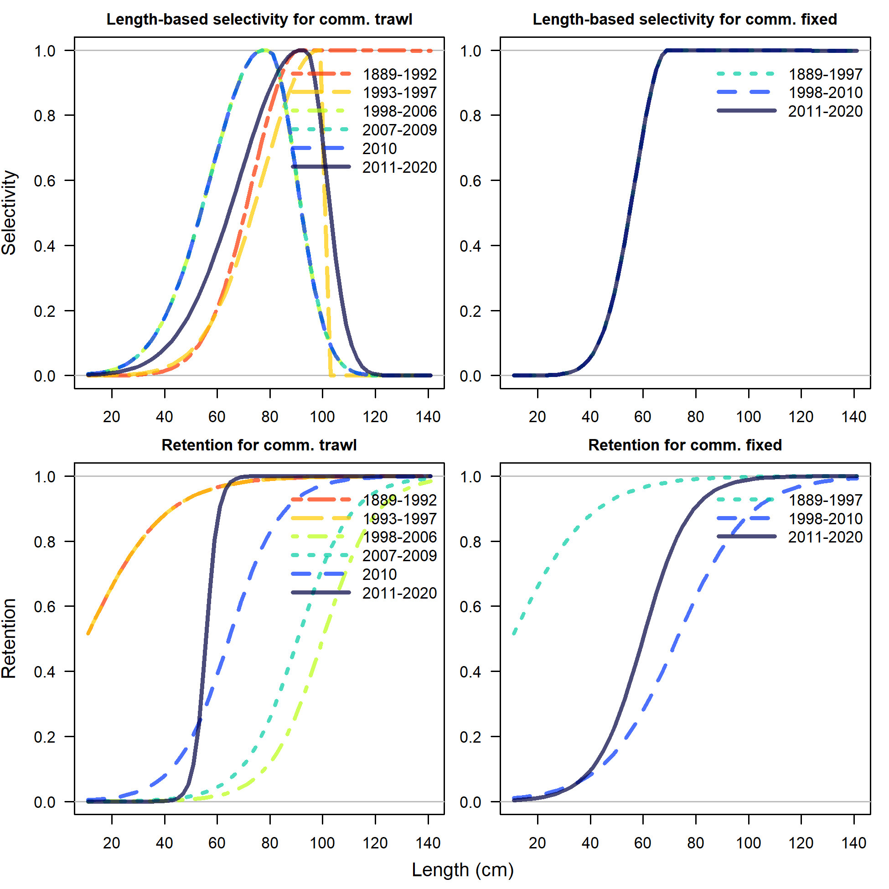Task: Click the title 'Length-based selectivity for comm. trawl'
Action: pyautogui.click(x=259, y=19)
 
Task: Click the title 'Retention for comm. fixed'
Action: pyautogui.click(x=685, y=445)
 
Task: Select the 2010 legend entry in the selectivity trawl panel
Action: pyautogui.click(x=379, y=149)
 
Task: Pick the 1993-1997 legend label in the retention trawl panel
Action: pyautogui.click(x=399, y=519)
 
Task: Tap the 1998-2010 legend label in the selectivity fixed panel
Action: pyautogui.click(x=825, y=93)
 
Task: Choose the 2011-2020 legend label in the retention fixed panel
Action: pyautogui.click(x=825, y=537)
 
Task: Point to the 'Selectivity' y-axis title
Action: pyautogui.click(x=9, y=212)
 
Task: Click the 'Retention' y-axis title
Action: pyautogui.click(x=9, y=638)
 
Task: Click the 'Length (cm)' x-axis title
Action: pyautogui.click(x=462, y=870)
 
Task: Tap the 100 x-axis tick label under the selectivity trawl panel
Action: pyautogui.click(x=322, y=417)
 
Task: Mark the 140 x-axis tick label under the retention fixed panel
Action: pyautogui.click(x=853, y=843)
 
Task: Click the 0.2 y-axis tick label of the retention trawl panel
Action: pyautogui.click(x=45, y=737)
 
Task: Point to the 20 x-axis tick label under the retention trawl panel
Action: pyautogui.click(x=111, y=843)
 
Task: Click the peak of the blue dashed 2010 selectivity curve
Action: pyautogui.click(x=264, y=50)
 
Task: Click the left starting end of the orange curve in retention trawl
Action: pyautogui.click(x=88, y=634)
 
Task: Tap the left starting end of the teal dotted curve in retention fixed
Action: pyautogui.click(x=514, y=634)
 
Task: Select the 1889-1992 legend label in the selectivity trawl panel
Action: pyautogui.click(x=399, y=74)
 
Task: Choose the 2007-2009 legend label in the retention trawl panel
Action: pyautogui.click(x=399, y=556)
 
